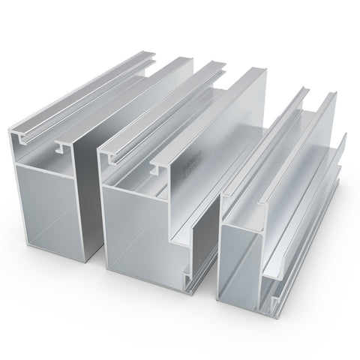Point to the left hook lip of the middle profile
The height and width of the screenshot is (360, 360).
coord(117,158)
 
